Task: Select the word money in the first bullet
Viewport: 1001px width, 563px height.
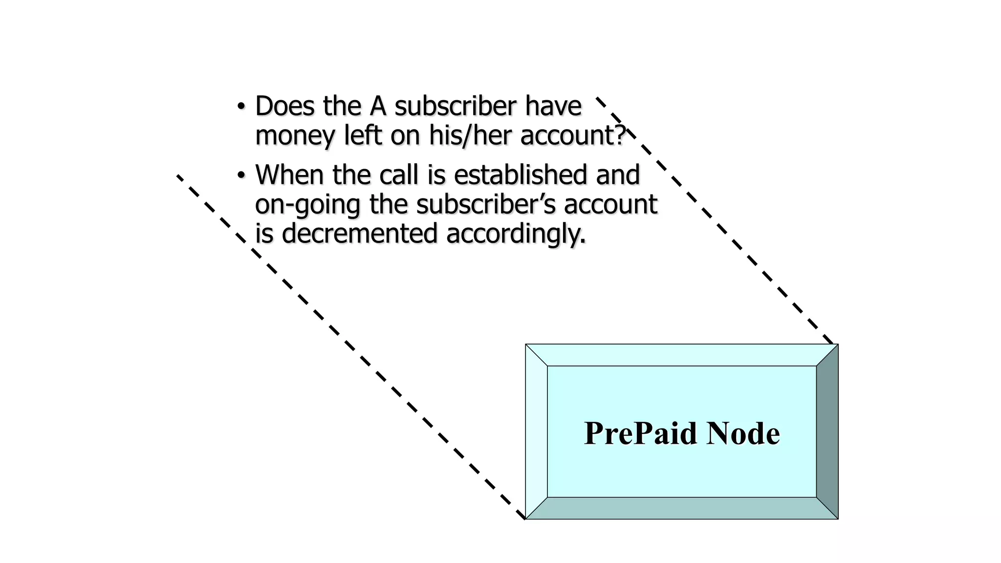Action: [x=295, y=136]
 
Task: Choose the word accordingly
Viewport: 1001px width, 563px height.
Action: [x=516, y=234]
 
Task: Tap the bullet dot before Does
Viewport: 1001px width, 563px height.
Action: [x=240, y=106]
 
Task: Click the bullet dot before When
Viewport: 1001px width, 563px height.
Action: [x=240, y=174]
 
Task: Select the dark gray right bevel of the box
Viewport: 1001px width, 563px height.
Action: [x=827, y=432]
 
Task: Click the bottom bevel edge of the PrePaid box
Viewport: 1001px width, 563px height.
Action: [x=682, y=508]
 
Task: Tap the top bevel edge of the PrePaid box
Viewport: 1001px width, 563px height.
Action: [x=682, y=355]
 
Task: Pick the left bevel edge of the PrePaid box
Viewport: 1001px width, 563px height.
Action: [x=536, y=432]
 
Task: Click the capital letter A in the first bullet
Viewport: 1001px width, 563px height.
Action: [x=378, y=106]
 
